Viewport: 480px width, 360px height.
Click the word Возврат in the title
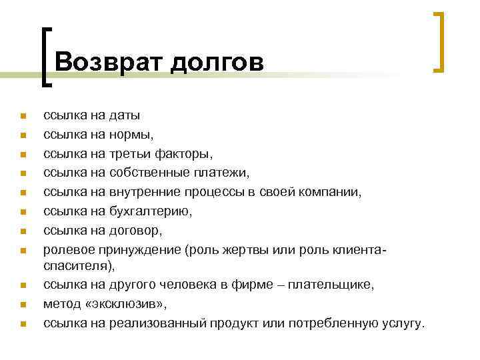[x=109, y=62]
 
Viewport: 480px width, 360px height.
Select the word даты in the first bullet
[x=125, y=116]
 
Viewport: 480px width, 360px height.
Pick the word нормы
[x=132, y=135]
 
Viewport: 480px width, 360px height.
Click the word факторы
[x=183, y=155]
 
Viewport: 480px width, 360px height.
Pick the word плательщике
[x=337, y=285]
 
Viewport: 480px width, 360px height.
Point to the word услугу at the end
[x=400, y=323]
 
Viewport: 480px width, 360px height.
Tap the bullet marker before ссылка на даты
[x=22, y=117]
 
